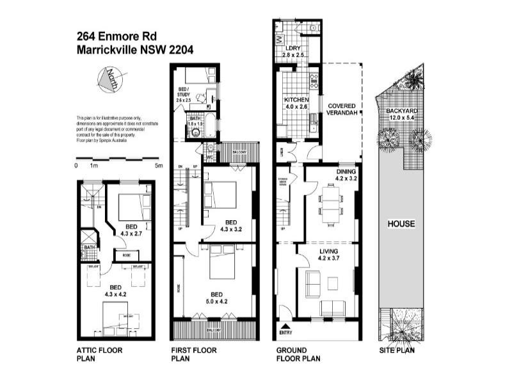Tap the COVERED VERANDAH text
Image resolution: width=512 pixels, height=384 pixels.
pos(341,109)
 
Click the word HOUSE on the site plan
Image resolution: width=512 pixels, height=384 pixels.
pos(401,224)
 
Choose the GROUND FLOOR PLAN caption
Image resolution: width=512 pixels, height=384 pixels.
pos(298,355)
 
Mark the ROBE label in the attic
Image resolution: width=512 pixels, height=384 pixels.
pos(127,255)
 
